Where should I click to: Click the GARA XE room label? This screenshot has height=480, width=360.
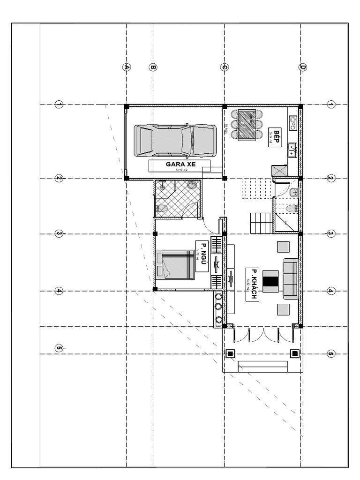click(x=180, y=165)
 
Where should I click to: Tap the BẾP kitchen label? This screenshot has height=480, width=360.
click(x=275, y=137)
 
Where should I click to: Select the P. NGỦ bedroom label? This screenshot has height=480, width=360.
click(x=202, y=256)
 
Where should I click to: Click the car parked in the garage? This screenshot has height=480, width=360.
click(x=175, y=140)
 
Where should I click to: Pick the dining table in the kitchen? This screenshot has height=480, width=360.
click(x=247, y=125)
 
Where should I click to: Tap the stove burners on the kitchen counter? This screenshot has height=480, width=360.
click(x=293, y=122)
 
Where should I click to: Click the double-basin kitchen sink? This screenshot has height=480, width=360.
click(x=292, y=150)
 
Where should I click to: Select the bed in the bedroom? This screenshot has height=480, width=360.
click(x=175, y=264)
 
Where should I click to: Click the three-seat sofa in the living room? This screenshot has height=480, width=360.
click(x=290, y=278)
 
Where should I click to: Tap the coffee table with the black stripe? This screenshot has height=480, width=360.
click(x=270, y=281)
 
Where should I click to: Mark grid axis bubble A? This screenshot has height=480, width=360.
click(x=126, y=67)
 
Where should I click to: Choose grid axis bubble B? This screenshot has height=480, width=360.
click(x=153, y=67)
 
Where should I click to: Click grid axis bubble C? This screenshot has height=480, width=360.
click(x=224, y=67)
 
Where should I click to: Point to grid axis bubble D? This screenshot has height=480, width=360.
click(x=303, y=67)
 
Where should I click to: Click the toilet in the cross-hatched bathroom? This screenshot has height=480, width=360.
click(x=162, y=208)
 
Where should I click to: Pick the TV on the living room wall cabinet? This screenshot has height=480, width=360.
click(x=230, y=279)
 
